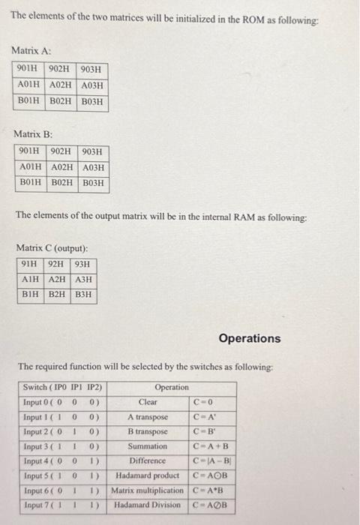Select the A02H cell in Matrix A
[62, 85]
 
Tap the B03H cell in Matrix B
[94, 182]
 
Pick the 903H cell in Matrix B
[94, 152]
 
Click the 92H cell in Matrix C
[56, 264]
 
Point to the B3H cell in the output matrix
[83, 294]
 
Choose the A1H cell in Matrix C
[31, 279]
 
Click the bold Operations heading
[250, 338]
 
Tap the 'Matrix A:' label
[31, 50]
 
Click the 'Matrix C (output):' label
[52, 247]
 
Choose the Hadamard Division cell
[148, 505]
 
